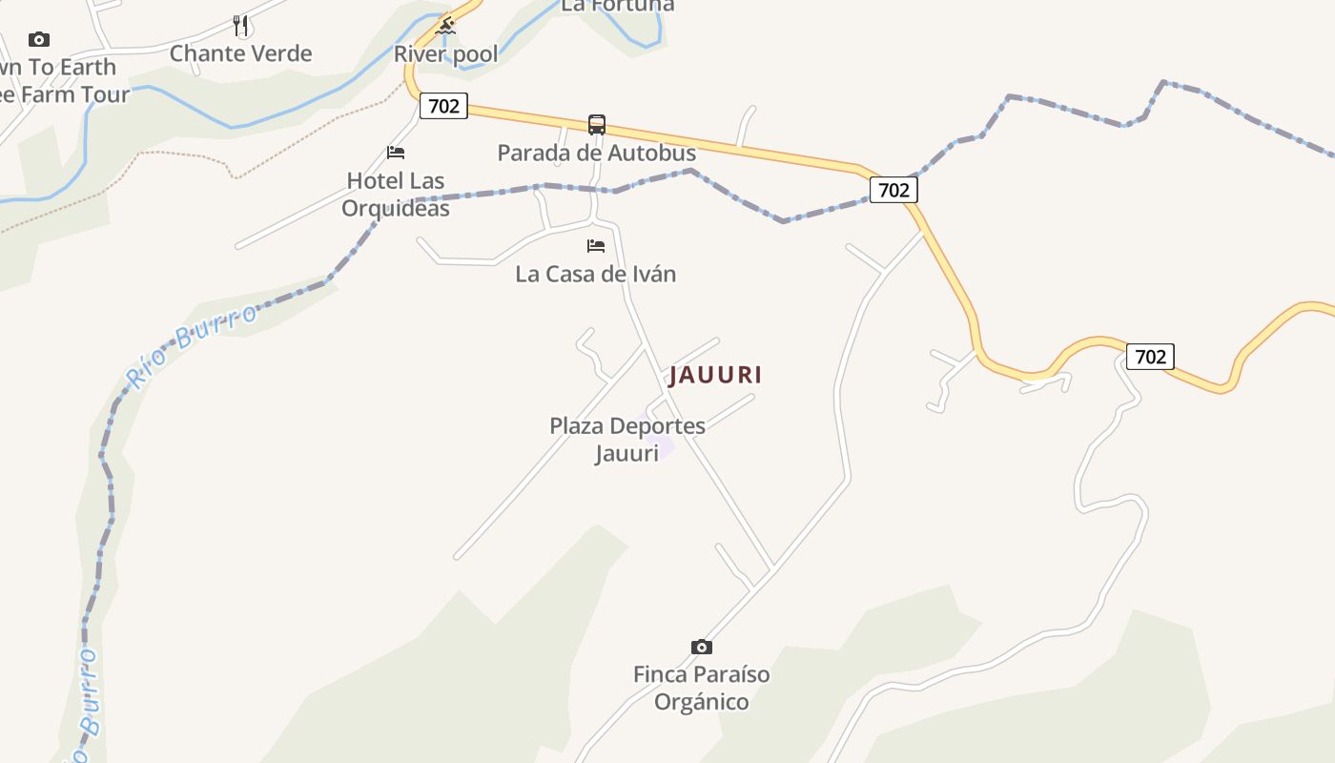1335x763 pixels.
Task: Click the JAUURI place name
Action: pos(715,375)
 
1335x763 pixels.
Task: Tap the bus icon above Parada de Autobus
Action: pos(597,125)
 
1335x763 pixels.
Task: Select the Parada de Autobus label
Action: pos(597,153)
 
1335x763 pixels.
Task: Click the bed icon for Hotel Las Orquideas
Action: pos(396,153)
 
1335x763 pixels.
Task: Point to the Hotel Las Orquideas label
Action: pos(396,194)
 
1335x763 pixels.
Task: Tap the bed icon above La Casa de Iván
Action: pos(596,246)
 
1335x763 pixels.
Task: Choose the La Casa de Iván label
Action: pos(596,274)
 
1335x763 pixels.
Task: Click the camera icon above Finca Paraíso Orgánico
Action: pos(701,647)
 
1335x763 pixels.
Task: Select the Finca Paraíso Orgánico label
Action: pos(701,688)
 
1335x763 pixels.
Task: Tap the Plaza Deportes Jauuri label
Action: pos(626,439)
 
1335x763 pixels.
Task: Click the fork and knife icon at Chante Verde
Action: pos(240,26)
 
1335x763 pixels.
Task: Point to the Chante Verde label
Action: pos(240,53)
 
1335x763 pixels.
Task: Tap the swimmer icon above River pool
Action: pos(445,26)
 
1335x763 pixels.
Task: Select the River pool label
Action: pos(446,54)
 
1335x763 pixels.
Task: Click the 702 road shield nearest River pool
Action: pos(443,106)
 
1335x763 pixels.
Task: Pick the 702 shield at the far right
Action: pos(1150,357)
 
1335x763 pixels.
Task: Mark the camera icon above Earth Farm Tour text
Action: pos(39,39)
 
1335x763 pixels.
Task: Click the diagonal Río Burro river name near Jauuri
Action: pos(191,346)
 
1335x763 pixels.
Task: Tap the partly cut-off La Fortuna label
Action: pos(617,6)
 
